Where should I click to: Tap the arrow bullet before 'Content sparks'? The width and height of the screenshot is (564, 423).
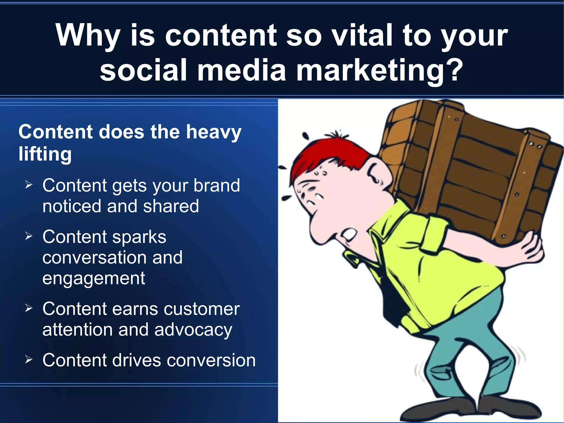(x=29, y=236)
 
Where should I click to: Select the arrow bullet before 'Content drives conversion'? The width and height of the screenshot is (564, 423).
(x=29, y=360)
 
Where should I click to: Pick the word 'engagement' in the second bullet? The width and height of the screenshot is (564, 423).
(x=94, y=278)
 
